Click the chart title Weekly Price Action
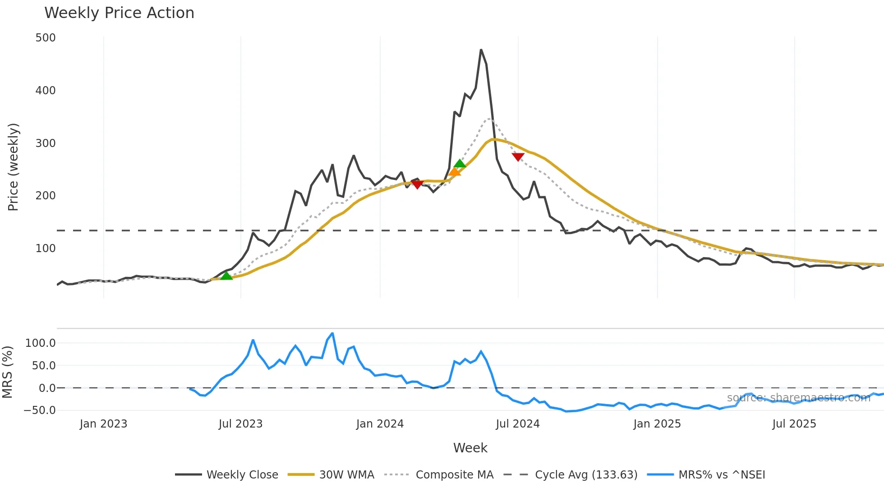click(119, 13)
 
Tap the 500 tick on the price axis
click(46, 38)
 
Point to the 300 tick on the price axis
click(46, 143)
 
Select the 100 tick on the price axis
click(46, 248)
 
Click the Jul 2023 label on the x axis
click(240, 424)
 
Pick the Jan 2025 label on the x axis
click(657, 424)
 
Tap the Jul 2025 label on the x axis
click(794, 424)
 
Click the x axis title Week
click(470, 448)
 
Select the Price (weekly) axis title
click(14, 167)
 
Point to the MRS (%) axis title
click(8, 372)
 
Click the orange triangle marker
click(455, 172)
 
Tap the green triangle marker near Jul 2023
click(226, 276)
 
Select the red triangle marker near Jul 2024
click(518, 156)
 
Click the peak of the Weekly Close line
click(481, 50)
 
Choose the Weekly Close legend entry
click(226, 475)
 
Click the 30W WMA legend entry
click(331, 475)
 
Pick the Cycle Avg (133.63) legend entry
click(570, 475)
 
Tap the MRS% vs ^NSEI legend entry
click(706, 475)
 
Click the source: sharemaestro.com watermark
click(798, 398)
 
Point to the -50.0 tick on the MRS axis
click(40, 410)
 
